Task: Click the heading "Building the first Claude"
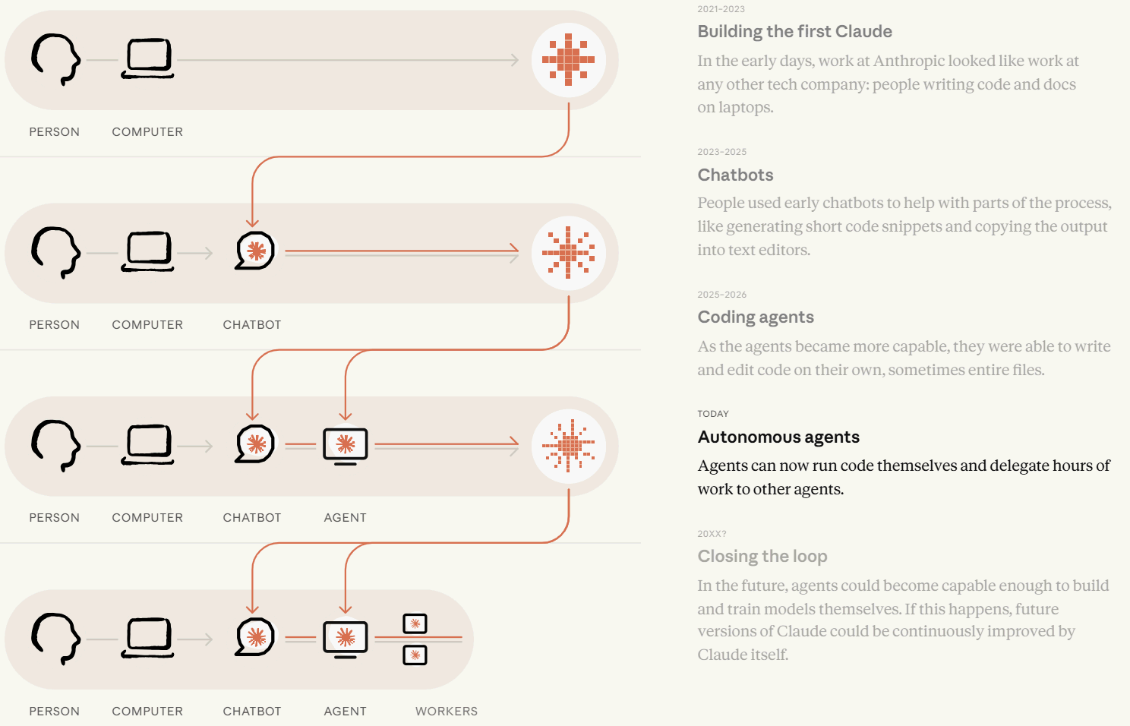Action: (x=794, y=31)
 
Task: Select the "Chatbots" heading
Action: (x=735, y=175)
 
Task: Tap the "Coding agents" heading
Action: (x=756, y=317)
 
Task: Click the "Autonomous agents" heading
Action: (x=778, y=437)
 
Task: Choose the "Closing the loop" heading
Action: (x=762, y=556)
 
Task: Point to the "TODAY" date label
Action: (x=713, y=414)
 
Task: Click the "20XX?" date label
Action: (x=712, y=533)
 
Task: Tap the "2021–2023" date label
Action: (x=721, y=9)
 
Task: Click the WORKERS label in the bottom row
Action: (x=446, y=711)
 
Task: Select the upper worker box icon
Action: (x=415, y=623)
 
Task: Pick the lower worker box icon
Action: (x=415, y=655)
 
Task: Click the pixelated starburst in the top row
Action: (x=569, y=59)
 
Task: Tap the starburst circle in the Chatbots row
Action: (x=569, y=253)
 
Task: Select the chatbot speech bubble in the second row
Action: (x=254, y=251)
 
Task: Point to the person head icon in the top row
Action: (x=55, y=59)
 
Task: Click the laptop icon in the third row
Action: (x=147, y=444)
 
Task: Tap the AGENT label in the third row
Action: (x=345, y=518)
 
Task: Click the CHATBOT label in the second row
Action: (x=251, y=324)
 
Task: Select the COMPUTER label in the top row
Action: (x=147, y=131)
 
